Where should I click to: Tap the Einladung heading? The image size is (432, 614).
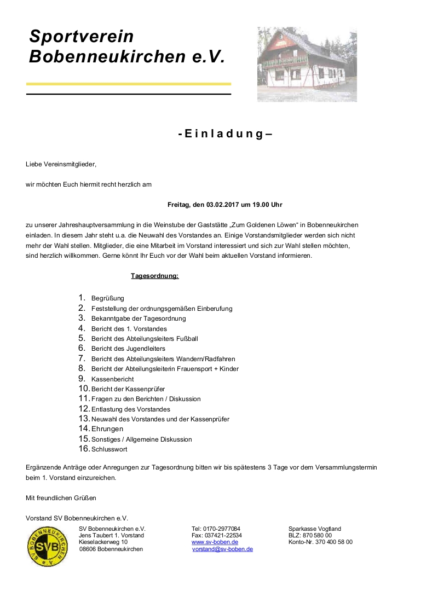coord(225,134)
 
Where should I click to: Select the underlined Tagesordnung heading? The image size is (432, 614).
coord(154,276)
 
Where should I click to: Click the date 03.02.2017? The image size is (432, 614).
coord(219,205)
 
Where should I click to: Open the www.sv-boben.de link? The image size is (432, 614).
coord(215,542)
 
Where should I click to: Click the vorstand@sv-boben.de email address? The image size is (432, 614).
coord(222,549)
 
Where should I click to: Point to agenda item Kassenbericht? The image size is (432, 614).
coord(112,379)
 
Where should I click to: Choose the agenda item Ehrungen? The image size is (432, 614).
coord(107,429)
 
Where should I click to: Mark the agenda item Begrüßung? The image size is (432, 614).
coord(108,298)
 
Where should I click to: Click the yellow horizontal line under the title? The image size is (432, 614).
coord(129,84)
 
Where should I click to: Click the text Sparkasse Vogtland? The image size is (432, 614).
coord(314,529)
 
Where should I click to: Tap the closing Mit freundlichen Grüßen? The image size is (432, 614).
coord(61,498)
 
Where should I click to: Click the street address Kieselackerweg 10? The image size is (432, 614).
coord(103,542)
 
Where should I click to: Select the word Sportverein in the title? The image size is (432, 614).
coord(82,37)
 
